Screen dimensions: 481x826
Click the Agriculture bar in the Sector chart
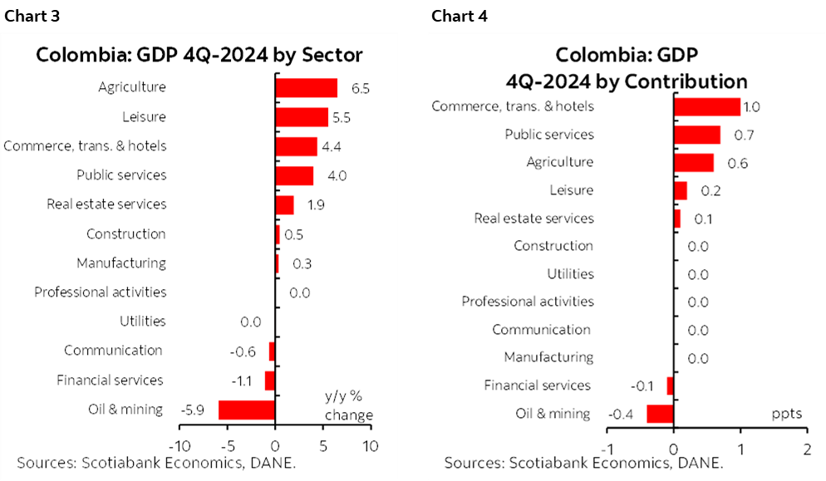306,87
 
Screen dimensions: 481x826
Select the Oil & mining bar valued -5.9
246,410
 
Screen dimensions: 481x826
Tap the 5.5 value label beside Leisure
341,117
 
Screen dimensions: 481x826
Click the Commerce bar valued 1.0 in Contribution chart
706,106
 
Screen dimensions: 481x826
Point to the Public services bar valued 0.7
696,135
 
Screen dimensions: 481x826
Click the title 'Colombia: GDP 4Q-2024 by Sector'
199,56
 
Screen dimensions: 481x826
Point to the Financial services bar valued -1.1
270,380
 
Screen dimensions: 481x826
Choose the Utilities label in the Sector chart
142,321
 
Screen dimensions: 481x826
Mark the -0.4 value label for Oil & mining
622,414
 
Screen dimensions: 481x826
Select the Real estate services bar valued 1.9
284,204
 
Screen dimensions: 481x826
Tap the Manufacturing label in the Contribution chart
548,357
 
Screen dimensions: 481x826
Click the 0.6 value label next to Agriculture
737,163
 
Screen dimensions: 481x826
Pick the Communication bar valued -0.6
272,351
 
